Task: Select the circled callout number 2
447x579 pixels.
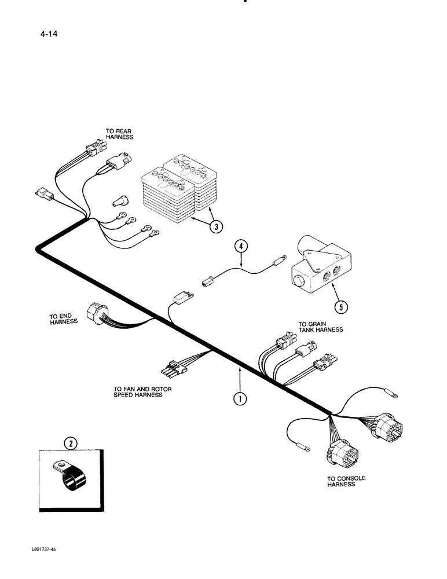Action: [71, 444]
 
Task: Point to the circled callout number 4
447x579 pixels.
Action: [241, 246]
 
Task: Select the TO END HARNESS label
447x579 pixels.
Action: [63, 319]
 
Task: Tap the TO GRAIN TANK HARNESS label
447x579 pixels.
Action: [320, 327]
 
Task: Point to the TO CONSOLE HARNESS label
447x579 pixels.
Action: [346, 481]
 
